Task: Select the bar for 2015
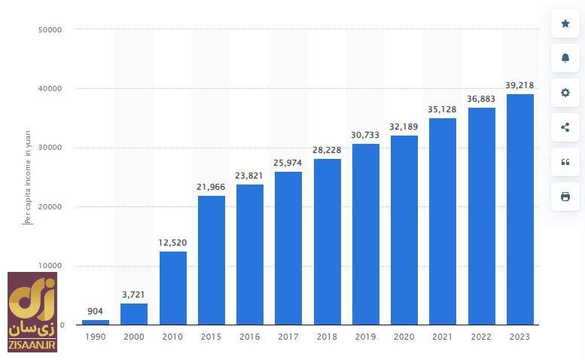point(211,260)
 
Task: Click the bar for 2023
point(519,209)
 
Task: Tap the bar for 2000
point(134,314)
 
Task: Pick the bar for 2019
point(365,234)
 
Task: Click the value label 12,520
point(172,243)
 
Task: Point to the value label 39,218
point(519,86)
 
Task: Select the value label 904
point(95,311)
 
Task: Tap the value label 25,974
point(288,163)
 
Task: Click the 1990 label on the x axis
point(95,337)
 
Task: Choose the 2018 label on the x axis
point(327,337)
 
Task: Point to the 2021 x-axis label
point(443,337)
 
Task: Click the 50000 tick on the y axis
point(50,29)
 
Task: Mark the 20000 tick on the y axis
point(50,206)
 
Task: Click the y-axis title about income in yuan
point(28,177)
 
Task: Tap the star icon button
point(565,23)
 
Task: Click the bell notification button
point(565,58)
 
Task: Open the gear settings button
point(565,93)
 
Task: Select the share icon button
point(565,127)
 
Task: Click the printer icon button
point(565,197)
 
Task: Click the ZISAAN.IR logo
point(32,312)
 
